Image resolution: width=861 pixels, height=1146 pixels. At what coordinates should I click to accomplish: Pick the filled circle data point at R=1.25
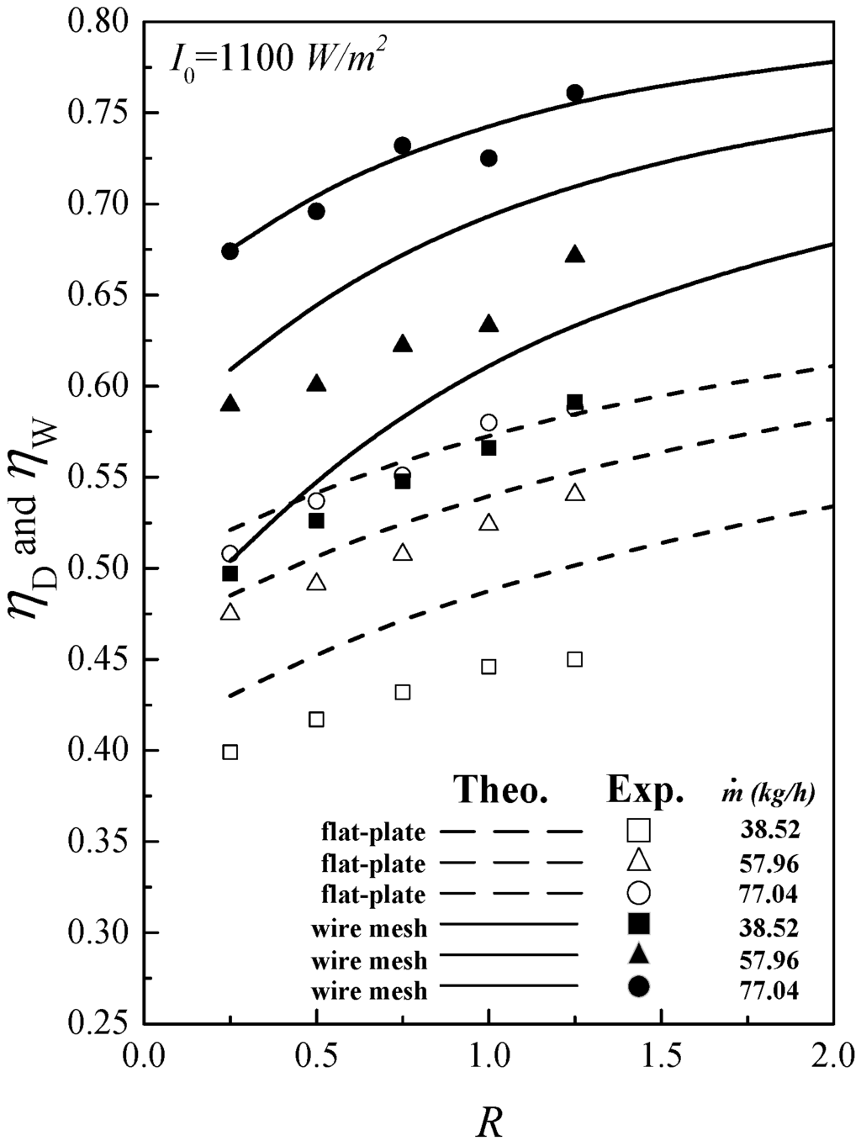point(575,92)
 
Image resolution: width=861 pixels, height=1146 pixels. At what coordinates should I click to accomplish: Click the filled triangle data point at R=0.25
point(230,404)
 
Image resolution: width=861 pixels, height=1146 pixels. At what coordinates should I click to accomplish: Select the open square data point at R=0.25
point(230,752)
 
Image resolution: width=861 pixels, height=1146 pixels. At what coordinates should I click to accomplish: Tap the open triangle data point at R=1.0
point(489,523)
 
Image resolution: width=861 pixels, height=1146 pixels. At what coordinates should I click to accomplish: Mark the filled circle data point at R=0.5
point(316,211)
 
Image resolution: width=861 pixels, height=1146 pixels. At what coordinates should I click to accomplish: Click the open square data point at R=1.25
point(575,659)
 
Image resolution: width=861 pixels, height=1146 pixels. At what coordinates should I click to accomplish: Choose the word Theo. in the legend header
point(502,790)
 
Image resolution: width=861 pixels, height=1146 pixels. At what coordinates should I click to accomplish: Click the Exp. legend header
point(645,790)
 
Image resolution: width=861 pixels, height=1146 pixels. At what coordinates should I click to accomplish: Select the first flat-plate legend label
point(373,832)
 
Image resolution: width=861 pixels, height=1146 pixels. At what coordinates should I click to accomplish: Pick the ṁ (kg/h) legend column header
point(769,792)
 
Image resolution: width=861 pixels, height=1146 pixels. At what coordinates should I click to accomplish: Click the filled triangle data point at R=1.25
point(575,255)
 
